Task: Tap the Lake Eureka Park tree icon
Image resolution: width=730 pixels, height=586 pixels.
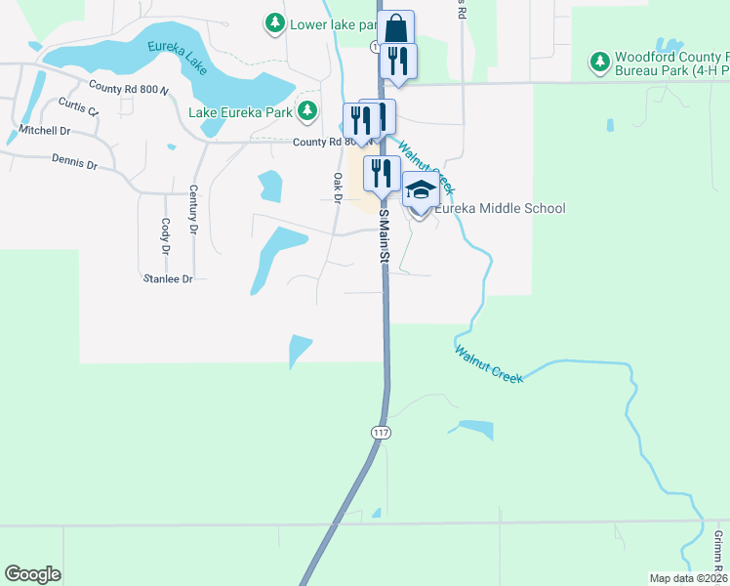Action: (307, 110)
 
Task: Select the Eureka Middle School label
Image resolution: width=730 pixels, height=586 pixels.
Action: (500, 208)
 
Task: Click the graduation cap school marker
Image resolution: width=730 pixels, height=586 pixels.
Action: (421, 190)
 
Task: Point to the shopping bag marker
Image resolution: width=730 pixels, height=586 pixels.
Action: (395, 27)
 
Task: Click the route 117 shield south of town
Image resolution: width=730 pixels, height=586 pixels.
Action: (380, 431)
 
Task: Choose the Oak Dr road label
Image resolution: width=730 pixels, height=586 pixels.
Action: (339, 188)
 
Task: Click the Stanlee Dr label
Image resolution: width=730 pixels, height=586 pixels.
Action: (168, 278)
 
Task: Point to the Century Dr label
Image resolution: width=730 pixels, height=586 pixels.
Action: (193, 210)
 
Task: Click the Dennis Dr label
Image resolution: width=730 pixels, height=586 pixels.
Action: (74, 164)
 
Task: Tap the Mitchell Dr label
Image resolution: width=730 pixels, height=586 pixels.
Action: (45, 130)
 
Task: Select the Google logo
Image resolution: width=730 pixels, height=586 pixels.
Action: (32, 574)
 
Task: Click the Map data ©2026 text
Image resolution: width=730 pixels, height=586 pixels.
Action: (688, 577)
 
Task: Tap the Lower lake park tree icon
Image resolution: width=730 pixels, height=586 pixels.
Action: (276, 21)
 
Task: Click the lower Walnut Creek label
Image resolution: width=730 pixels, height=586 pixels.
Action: (489, 363)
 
